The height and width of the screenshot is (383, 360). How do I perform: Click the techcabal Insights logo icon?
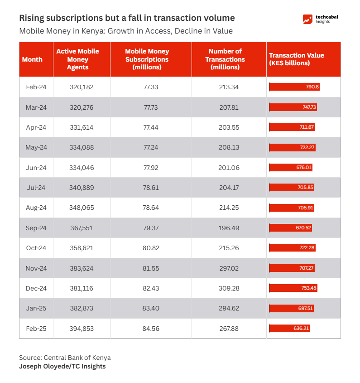tap(307, 19)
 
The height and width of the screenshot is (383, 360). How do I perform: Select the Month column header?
tap(32, 59)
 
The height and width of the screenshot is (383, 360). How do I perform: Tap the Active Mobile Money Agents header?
tap(77, 59)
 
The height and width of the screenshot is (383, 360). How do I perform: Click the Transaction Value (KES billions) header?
tap(297, 59)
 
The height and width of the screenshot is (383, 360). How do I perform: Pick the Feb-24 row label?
tap(36, 87)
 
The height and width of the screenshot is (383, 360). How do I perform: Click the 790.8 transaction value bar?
tap(294, 87)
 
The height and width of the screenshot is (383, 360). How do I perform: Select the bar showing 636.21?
tap(289, 328)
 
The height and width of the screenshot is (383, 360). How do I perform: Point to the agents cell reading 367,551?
tap(82, 228)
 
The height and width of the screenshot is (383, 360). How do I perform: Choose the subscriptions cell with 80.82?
tap(151, 248)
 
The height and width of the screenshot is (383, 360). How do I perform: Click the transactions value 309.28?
tap(229, 288)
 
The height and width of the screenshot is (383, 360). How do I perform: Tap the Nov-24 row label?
tap(36, 268)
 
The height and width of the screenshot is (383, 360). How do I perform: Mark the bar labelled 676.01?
tap(291, 167)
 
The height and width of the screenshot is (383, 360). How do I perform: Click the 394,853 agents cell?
tap(82, 329)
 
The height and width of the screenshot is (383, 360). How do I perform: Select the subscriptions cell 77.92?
tap(151, 168)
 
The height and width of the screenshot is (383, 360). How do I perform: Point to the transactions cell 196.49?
tap(229, 228)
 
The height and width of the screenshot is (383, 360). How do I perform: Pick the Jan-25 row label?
tap(36, 308)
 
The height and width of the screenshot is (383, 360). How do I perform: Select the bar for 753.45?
tap(293, 288)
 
